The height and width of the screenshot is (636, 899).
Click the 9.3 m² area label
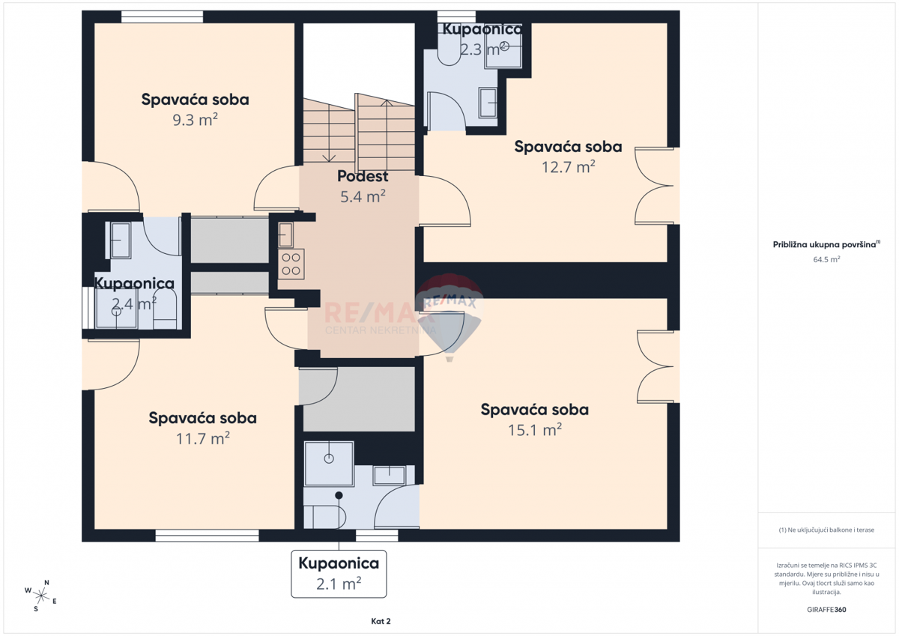[195, 119]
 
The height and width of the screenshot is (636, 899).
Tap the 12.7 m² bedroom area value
[568, 166]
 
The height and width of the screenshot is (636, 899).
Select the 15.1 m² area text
[534, 429]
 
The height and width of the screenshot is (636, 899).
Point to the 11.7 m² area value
[202, 437]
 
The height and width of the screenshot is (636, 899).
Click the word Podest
[363, 177]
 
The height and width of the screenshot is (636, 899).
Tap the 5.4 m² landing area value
[363, 196]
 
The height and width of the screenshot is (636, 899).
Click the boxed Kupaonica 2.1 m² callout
[339, 573]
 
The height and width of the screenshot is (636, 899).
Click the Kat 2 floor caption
[381, 621]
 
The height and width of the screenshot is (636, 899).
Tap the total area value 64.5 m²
[826, 259]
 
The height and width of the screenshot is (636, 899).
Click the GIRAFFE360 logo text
[826, 610]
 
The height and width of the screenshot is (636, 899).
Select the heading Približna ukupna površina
[826, 244]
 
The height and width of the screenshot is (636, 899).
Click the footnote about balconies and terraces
[826, 530]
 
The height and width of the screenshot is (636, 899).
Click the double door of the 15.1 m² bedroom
[655, 367]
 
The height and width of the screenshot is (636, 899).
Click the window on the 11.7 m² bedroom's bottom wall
[207, 536]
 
